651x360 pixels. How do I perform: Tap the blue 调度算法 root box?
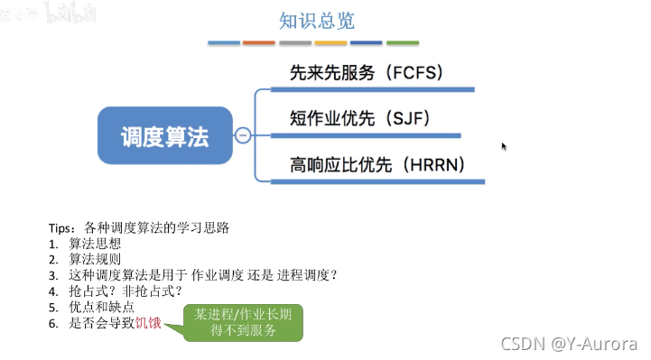165,136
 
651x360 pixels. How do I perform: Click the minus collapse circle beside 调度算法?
242,136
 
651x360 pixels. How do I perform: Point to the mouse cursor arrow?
504,145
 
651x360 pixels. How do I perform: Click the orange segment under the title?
259,42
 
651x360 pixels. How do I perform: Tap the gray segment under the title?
294,42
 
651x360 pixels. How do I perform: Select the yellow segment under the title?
330,42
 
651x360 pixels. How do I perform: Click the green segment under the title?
403,42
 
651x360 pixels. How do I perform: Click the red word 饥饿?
148,322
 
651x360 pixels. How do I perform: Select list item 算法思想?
95,245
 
